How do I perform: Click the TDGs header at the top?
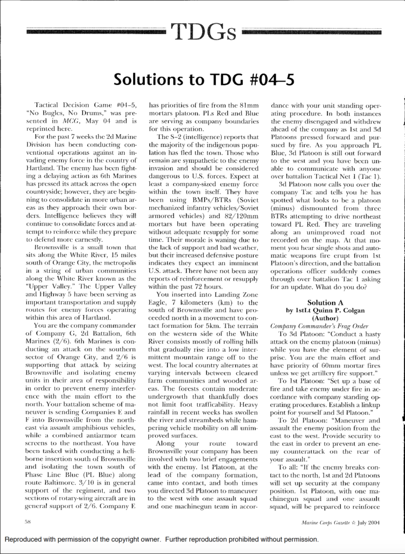[x=204, y=32]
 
